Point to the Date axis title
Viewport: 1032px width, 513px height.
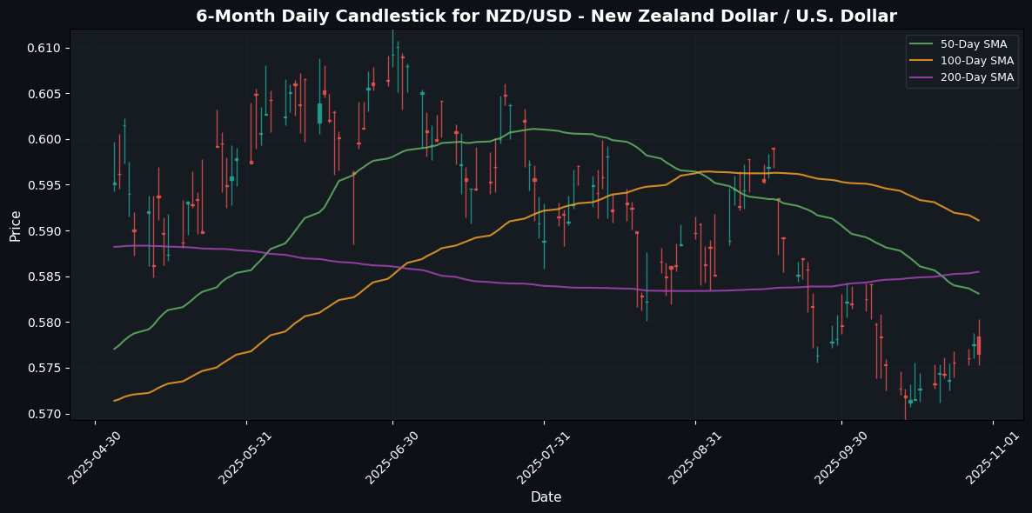[546, 497]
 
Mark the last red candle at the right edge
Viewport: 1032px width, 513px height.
[979, 345]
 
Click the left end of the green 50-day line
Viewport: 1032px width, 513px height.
[115, 349]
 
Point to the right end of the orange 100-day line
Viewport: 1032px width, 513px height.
[979, 220]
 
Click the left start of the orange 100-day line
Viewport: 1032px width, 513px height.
[115, 401]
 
